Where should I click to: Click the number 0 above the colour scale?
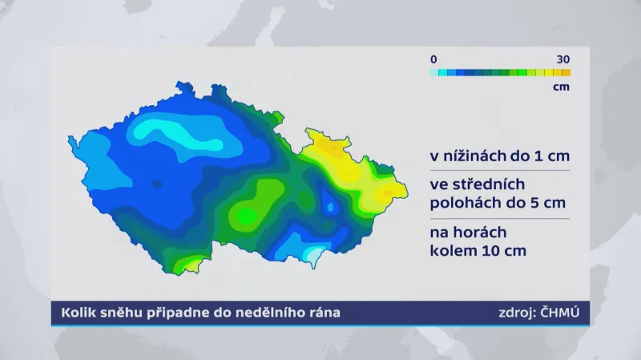coord(433,59)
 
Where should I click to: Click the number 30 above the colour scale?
coord(562,59)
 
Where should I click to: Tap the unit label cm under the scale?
coord(561,87)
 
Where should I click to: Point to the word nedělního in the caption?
coord(272,313)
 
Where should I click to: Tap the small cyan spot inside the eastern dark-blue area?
coord(329,207)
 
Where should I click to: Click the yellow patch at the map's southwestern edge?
coord(188,262)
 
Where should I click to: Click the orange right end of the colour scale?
coord(566,72)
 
